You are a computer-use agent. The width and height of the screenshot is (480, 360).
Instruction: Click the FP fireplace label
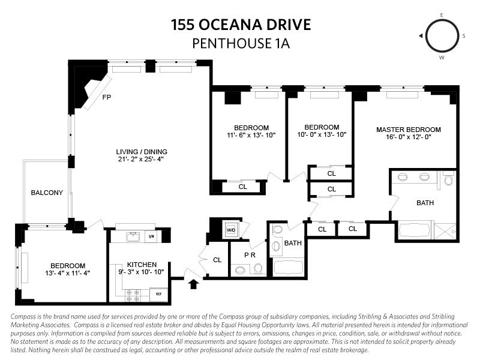[107, 97]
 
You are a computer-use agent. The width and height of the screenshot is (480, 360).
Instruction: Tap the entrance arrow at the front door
[193, 284]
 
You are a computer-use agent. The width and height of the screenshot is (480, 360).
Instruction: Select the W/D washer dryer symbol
[230, 230]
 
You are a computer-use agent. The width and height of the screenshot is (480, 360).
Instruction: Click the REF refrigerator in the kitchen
[158, 294]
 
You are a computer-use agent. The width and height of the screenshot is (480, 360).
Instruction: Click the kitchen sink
[133, 237]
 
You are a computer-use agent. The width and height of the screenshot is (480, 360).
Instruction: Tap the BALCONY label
[47, 193]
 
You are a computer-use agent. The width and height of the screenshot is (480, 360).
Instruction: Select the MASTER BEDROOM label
[409, 130]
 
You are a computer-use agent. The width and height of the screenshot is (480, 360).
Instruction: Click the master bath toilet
[448, 179]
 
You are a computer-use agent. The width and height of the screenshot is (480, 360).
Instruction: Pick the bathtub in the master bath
[415, 230]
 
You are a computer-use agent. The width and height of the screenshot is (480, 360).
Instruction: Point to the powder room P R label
[250, 254]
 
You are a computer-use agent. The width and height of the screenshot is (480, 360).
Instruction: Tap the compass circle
[442, 36]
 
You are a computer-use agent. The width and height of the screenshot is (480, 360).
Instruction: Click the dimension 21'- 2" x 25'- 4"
[141, 159]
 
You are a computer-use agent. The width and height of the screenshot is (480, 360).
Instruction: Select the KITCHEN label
[142, 265]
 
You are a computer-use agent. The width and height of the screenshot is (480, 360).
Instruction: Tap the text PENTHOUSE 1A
[241, 43]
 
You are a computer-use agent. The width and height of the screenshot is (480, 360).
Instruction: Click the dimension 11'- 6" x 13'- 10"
[251, 135]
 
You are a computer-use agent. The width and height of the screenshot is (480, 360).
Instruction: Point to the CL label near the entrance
[217, 260]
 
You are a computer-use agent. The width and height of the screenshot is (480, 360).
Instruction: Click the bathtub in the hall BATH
[289, 267]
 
